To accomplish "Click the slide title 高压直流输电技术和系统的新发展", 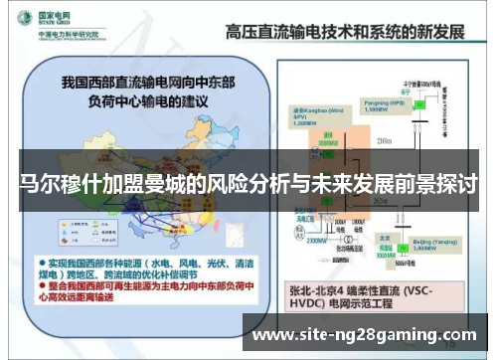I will pos(344,32).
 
